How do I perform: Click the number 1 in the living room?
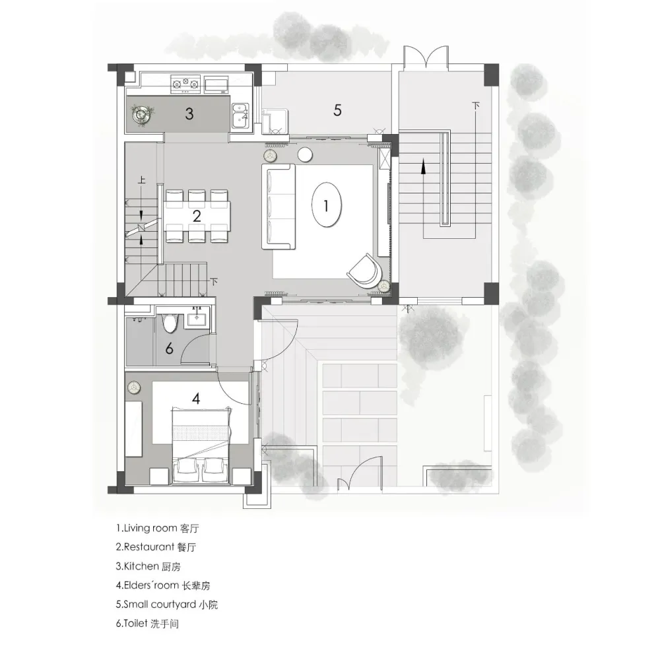click(326, 206)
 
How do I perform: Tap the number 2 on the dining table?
click(197, 216)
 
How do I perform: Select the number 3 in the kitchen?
click(189, 114)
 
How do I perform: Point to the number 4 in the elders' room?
click(196, 398)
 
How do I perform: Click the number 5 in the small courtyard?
click(337, 110)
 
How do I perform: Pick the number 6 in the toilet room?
click(169, 348)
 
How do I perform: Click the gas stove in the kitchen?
click(185, 84)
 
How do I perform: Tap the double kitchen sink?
click(240, 115)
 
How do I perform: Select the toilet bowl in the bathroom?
click(170, 323)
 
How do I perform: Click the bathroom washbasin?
click(198, 318)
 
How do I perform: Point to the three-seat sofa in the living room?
click(279, 206)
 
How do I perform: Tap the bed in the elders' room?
click(201, 445)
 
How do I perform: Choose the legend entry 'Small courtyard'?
click(160, 605)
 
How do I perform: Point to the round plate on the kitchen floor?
click(141, 114)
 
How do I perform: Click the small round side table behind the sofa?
click(305, 154)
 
